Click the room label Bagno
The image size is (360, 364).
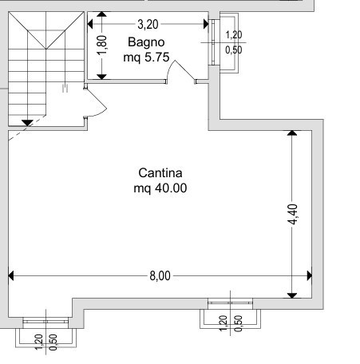[144, 42]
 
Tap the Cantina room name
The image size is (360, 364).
[160, 173]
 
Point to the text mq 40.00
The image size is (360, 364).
[160, 188]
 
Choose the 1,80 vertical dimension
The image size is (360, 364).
[102, 45]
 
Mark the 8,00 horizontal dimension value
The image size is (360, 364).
[160, 276]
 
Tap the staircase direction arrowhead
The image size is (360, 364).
[27, 122]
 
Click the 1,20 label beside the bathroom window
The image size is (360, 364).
[234, 35]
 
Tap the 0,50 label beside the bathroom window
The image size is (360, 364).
[234, 49]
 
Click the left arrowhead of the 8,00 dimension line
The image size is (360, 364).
[11, 276]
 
